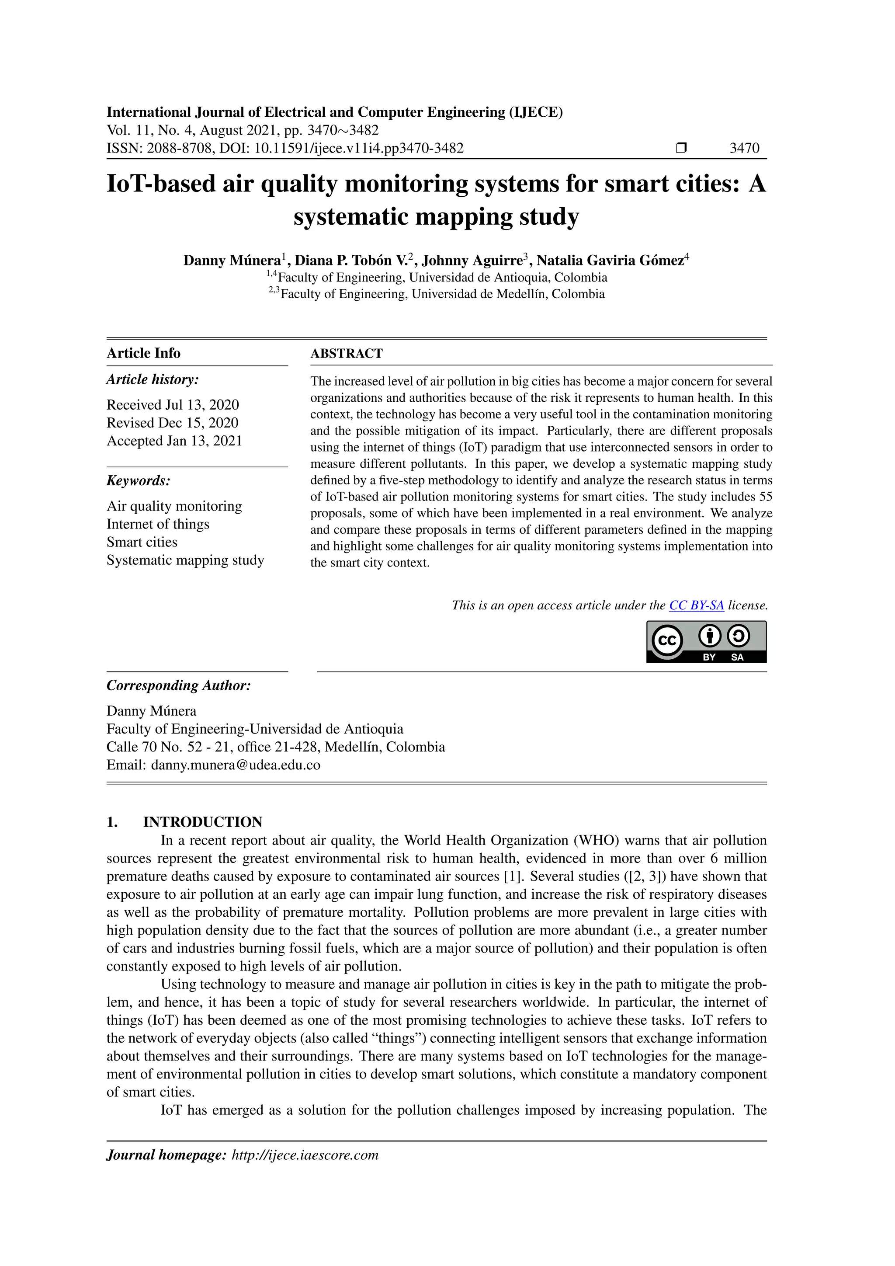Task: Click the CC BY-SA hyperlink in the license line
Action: coord(696,605)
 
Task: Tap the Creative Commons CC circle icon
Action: coord(667,641)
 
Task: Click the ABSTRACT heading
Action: coord(346,354)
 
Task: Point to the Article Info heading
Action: coord(143,353)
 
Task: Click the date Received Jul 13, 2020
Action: coord(173,405)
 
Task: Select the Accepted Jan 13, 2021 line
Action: coord(174,441)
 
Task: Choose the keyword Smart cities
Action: coord(142,542)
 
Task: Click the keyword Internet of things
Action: coord(158,524)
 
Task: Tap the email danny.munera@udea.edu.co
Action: coord(235,765)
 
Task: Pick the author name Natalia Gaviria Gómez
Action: coord(610,260)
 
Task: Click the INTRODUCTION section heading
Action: coord(202,822)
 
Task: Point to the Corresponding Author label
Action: coord(179,685)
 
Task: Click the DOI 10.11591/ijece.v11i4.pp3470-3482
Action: coord(358,148)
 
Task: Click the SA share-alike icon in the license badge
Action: coord(738,636)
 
